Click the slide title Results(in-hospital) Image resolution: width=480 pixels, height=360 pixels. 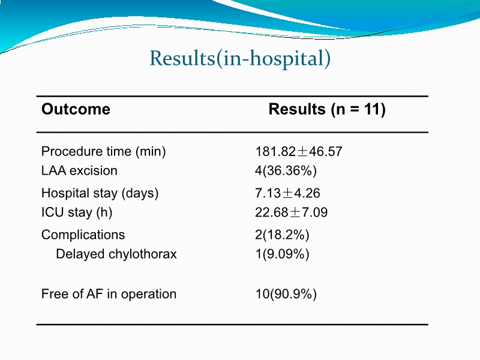pos(240,59)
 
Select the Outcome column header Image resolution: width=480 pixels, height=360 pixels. pos(76,109)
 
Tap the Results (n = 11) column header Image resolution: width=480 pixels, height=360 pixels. pos(326,109)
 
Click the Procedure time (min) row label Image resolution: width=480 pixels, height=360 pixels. pos(103,152)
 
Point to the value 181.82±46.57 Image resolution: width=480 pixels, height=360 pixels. pos(299,152)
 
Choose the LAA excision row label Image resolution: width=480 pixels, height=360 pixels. pos(79,170)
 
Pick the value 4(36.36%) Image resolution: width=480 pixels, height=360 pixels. pos(286,170)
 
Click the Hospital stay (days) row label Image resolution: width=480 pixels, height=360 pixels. pos(100,193)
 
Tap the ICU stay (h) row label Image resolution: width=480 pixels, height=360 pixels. pos(77,212)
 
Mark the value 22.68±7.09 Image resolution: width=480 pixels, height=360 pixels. pos(292,212)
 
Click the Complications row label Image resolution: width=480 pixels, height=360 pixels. pos(83,235)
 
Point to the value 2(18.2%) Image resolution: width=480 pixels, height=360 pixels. pos(282,235)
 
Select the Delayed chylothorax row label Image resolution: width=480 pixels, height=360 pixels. pos(116,254)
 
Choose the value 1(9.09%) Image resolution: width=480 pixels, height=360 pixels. pos(282,254)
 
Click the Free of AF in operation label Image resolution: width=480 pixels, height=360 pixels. pos(109,294)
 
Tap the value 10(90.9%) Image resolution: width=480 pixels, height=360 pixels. pos(286,294)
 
